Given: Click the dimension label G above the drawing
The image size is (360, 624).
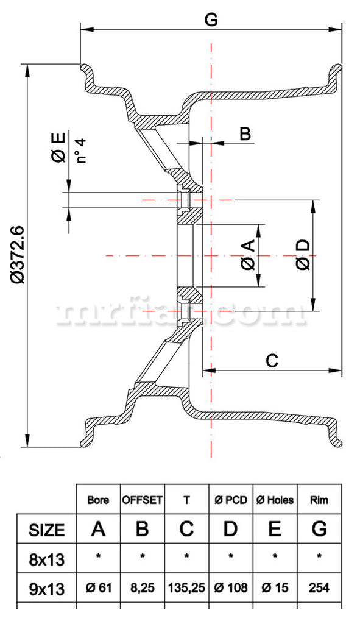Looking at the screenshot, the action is tap(211, 18).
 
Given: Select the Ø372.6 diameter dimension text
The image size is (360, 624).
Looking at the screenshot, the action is tap(18, 255).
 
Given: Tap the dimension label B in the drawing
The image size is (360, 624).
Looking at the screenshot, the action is tap(245, 133).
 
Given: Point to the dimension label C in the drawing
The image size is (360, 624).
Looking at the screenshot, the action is tap(272, 361).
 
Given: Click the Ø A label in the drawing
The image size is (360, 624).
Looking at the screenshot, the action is tap(248, 255).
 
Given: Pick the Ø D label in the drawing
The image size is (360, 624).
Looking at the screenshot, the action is tap(303, 255).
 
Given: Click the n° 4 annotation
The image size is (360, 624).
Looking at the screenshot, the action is tap(81, 151).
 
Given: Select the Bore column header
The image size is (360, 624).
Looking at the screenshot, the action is tap(98, 500).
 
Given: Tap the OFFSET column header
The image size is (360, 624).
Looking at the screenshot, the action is tap(143, 500).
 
